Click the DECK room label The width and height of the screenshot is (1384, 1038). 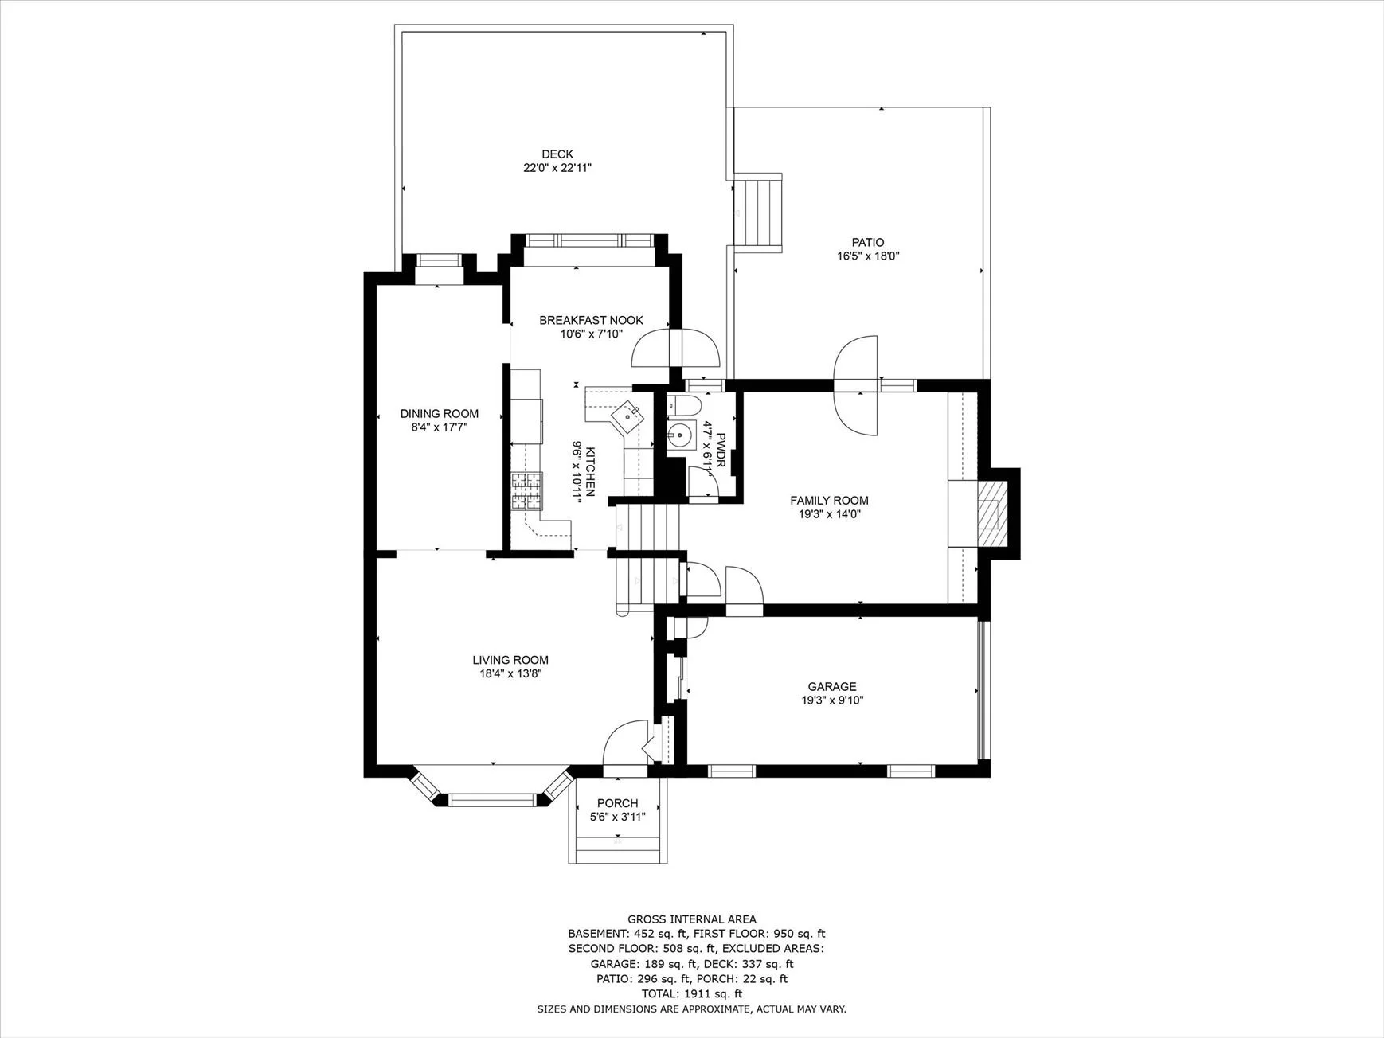tap(557, 154)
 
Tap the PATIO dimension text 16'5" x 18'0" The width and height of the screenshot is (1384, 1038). tap(868, 256)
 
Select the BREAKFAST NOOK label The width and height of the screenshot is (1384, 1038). tap(591, 321)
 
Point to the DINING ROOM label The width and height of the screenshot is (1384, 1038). tap(440, 414)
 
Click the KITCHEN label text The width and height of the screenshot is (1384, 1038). tap(590, 472)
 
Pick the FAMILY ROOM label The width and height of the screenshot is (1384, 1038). tap(829, 501)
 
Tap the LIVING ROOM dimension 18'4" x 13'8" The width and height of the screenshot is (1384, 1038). tap(510, 674)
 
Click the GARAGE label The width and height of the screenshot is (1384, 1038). tap(832, 687)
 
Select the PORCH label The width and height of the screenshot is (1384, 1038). tap(618, 804)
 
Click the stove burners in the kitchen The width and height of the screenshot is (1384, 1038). tap(526, 491)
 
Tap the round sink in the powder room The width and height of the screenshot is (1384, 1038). tap(680, 436)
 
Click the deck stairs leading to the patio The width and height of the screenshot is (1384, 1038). tap(760, 212)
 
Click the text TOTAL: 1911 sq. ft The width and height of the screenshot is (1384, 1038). tap(692, 993)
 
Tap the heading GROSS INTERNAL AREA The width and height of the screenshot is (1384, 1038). tap(692, 919)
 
